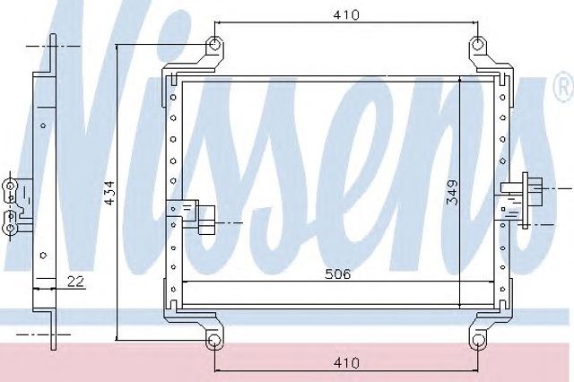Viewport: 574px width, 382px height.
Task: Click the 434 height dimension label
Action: [x=109, y=193]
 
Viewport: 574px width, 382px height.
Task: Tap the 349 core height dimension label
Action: [x=452, y=193]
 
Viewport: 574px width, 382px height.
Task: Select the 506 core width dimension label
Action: [x=338, y=274]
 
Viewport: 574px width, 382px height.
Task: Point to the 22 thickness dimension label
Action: [x=75, y=281]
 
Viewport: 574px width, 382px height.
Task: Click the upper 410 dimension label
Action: [x=346, y=15]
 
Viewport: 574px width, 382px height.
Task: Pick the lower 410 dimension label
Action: [x=346, y=363]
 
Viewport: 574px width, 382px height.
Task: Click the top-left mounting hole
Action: [x=215, y=46]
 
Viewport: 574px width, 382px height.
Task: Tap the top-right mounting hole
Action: [x=477, y=46]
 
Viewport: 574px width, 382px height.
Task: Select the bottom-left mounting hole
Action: [x=214, y=341]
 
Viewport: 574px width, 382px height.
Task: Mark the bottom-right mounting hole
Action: [x=478, y=341]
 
